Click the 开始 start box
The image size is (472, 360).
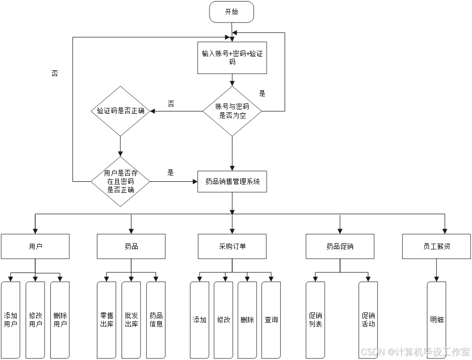tap(232, 12)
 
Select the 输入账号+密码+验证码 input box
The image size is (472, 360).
tap(232, 58)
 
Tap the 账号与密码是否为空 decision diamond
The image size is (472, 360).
tap(232, 111)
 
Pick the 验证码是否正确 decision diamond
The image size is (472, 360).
tap(120, 111)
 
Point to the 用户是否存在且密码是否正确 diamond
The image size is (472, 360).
tap(120, 182)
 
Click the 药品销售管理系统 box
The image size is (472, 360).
tap(232, 182)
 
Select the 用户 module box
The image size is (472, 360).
tap(35, 246)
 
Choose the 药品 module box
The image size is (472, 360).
tap(131, 246)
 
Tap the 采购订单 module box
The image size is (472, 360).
tap(232, 246)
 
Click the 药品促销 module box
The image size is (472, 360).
tap(340, 246)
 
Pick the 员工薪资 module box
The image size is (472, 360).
tap(436, 246)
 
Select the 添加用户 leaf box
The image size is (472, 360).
tap(10, 320)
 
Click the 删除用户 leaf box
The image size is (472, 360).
tap(60, 320)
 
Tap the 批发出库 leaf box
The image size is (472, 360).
tap(131, 320)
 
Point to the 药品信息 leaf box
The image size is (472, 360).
tap(156, 320)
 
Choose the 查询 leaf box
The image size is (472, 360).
tap(271, 320)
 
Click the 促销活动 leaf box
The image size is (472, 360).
tap(368, 320)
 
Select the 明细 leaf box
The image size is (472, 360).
tap(436, 320)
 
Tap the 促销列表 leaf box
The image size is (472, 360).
tap(315, 320)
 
